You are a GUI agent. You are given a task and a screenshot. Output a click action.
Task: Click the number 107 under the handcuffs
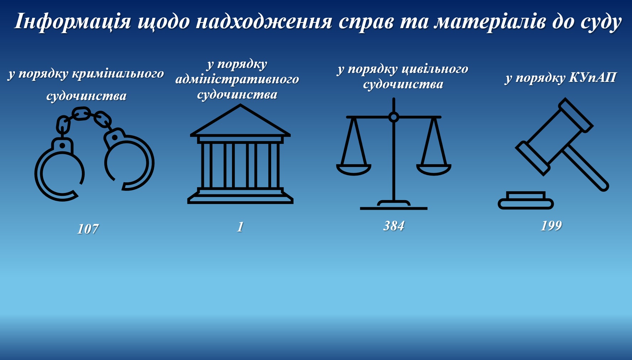88,229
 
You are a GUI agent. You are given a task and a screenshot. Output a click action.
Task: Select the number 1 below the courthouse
240,227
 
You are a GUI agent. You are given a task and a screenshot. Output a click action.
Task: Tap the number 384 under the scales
394,226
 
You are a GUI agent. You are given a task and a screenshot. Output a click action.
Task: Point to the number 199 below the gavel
551,225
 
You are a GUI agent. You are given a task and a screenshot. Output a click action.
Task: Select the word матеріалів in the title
490,21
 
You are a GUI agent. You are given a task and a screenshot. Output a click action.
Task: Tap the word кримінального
118,74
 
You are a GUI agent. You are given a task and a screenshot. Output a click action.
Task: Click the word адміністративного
237,79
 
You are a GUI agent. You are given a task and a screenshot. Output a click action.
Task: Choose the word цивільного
435,69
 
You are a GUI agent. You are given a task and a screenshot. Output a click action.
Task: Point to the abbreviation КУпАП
592,77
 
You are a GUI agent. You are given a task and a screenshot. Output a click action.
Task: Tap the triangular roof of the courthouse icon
241,120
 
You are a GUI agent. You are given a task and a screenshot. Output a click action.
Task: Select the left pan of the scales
354,170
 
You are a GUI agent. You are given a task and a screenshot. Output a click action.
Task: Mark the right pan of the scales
434,170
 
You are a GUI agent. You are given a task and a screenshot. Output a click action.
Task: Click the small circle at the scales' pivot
394,117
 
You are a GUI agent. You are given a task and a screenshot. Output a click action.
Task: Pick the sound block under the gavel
526,200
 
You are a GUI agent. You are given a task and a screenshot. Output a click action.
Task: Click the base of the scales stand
394,205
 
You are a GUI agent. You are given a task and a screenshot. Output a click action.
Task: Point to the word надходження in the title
264,21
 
